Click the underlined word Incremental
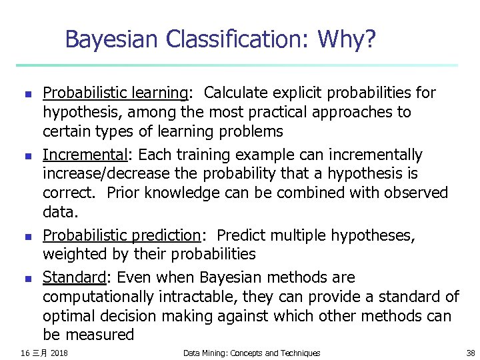coord(85,155)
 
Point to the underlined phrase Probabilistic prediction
coord(121,235)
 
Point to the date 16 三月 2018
coord(44,353)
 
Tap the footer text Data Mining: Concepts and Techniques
coord(251,353)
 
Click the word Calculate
coord(239,93)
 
